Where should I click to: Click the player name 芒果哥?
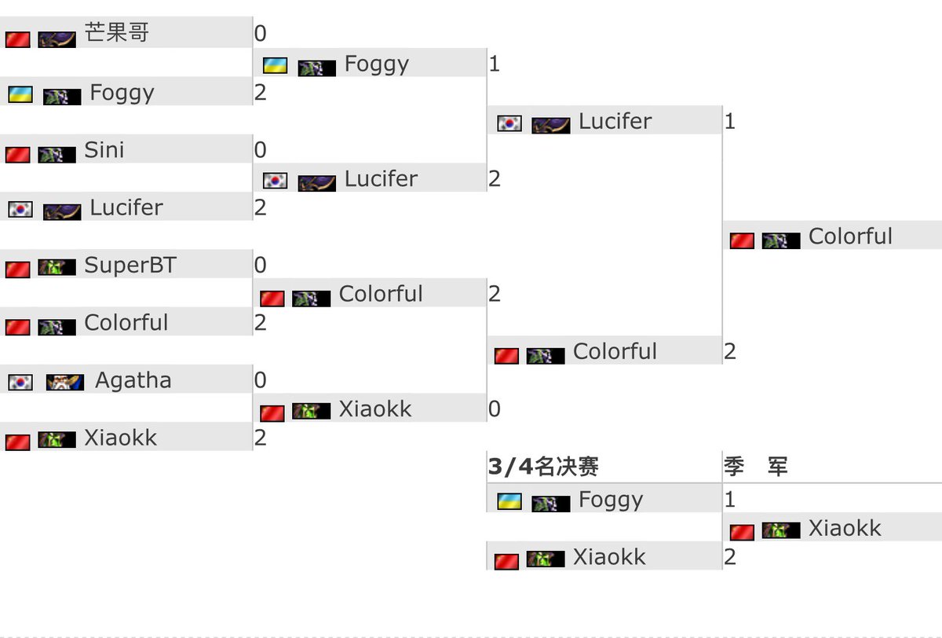[x=117, y=34]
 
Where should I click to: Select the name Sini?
[x=104, y=150]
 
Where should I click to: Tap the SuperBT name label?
[x=130, y=266]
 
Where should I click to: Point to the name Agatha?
[x=133, y=381]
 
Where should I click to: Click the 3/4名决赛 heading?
[x=543, y=467]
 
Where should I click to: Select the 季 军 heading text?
[x=755, y=467]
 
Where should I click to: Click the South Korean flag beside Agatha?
[x=20, y=383]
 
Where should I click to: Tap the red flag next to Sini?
[x=17, y=154]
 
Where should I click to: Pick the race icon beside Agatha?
[x=65, y=383]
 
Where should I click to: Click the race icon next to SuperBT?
[x=57, y=267]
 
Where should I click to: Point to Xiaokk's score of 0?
[x=494, y=409]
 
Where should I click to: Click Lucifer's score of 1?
[x=729, y=122]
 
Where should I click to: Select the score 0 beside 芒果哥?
[x=260, y=34]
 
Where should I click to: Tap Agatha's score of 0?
[x=260, y=381]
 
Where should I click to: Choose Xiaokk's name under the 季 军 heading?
[x=845, y=529]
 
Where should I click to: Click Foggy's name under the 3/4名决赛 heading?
[x=610, y=500]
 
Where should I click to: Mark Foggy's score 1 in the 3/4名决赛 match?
[x=729, y=500]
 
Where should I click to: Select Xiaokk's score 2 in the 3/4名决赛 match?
[x=729, y=558]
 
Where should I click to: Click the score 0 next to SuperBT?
[x=260, y=266]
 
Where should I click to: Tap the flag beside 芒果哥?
[x=17, y=38]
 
